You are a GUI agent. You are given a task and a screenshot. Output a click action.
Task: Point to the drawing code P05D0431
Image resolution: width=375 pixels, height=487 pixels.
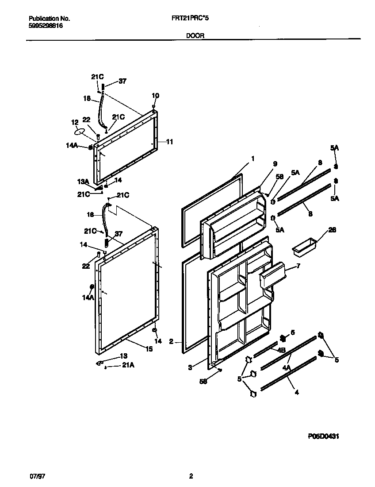coord(323,436)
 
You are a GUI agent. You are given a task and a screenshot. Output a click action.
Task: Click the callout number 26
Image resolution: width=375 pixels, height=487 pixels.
coord(332,230)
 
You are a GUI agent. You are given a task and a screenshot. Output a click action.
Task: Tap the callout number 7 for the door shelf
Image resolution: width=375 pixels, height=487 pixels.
coord(298,266)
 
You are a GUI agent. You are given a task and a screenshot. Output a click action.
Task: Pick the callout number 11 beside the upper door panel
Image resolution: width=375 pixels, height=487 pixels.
coord(169,142)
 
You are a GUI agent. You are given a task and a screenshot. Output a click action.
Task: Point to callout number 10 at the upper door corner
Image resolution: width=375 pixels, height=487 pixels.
coord(155,96)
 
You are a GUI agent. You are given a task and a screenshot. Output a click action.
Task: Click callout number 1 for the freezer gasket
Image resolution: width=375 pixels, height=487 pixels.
coord(253,158)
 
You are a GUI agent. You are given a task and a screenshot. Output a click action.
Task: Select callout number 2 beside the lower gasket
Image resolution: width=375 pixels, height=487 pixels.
coord(171,342)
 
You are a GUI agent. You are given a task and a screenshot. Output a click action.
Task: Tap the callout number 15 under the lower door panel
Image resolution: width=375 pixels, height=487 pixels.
coord(149,349)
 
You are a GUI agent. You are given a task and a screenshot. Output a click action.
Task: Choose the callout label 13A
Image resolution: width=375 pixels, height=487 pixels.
coord(84,182)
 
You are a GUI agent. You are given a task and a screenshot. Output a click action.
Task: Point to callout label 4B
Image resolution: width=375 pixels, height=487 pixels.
coord(281,350)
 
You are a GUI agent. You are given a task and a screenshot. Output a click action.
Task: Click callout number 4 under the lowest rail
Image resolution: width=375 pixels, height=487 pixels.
coord(296,392)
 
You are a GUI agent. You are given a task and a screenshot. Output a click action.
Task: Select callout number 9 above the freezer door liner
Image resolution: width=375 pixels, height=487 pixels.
coord(275,163)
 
